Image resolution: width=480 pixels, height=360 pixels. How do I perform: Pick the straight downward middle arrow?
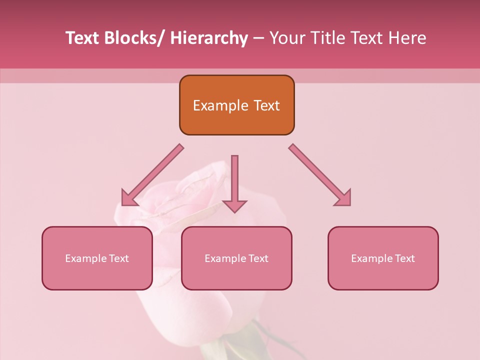click(x=234, y=182)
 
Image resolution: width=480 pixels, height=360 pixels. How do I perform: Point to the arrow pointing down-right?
click(x=320, y=175)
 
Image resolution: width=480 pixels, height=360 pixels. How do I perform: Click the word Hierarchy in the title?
click(x=209, y=38)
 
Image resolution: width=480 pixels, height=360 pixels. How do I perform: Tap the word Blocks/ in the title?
click(x=134, y=38)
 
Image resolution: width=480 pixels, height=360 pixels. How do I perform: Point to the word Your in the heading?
click(x=286, y=38)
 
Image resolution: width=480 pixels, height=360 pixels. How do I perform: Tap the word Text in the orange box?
click(x=266, y=106)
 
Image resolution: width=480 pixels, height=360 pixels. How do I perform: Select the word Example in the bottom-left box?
click(x=86, y=258)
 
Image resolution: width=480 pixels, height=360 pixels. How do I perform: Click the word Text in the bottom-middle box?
click(x=258, y=258)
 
